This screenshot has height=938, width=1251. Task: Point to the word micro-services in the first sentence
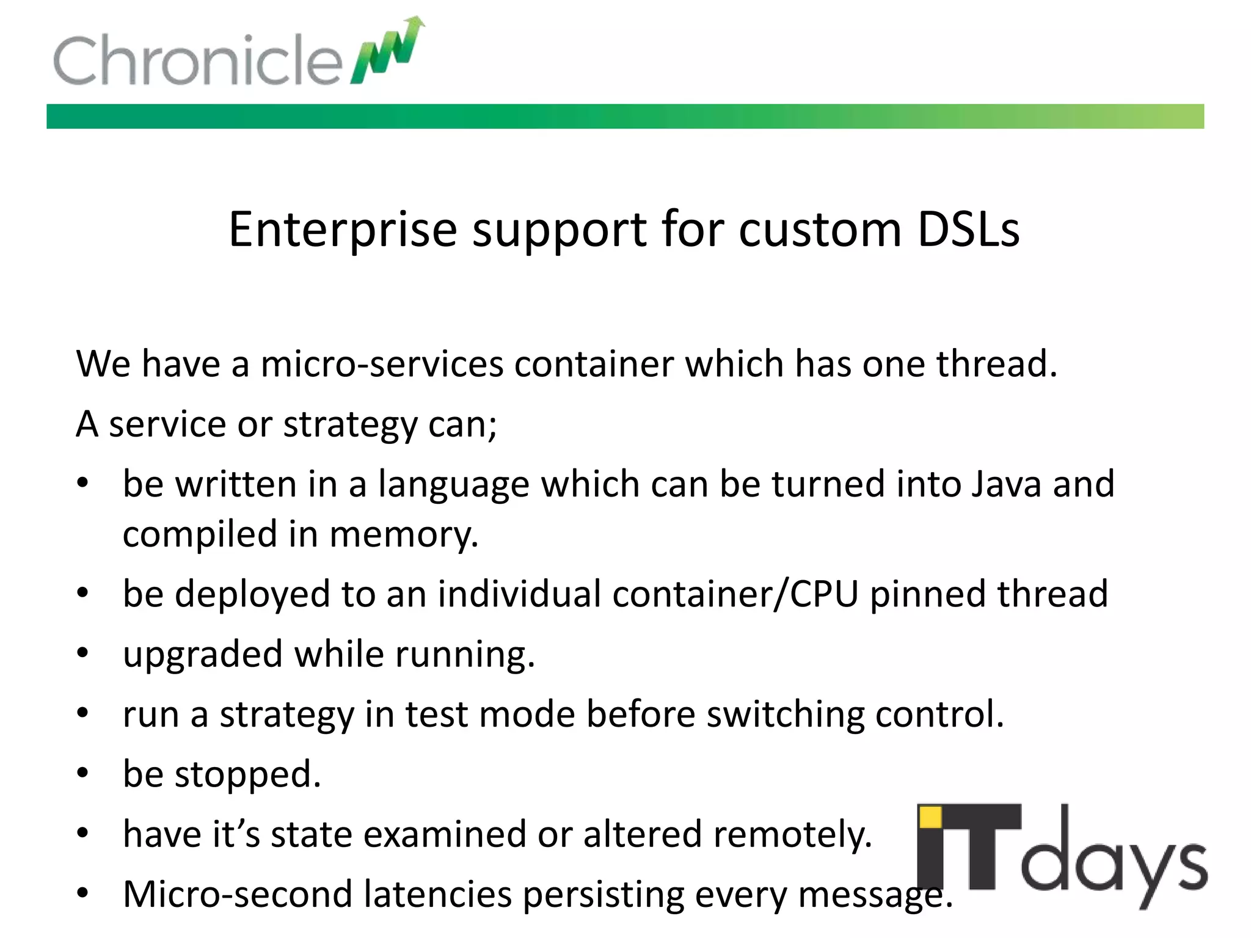click(x=382, y=364)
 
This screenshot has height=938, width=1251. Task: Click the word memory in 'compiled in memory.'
click(x=403, y=534)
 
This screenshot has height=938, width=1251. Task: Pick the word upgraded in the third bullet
click(x=203, y=655)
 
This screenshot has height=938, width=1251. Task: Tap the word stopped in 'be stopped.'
click(x=247, y=774)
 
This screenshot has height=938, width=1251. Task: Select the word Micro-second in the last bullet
click(x=238, y=894)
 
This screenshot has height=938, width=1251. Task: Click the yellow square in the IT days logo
click(x=930, y=816)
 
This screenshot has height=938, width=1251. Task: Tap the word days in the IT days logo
click(x=1113, y=862)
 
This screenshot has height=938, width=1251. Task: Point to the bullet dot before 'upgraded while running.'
click(x=83, y=653)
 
